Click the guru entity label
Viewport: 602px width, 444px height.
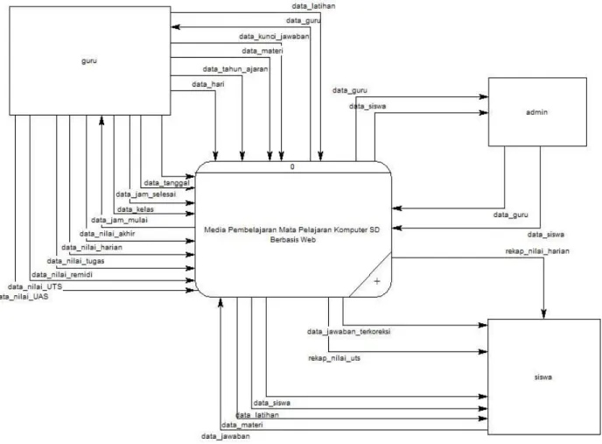89,61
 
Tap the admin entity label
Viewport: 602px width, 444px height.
536,112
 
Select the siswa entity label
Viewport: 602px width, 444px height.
542,377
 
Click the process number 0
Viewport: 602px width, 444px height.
292,167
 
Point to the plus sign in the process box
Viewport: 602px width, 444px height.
377,281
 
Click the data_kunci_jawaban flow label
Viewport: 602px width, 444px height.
274,37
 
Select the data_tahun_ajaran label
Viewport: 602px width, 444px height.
235,69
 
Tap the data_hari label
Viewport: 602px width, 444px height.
208,84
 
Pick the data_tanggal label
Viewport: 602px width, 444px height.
166,183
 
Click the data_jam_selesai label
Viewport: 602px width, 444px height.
146,194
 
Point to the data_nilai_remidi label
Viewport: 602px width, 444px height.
62,275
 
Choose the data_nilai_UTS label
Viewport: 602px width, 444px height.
35,286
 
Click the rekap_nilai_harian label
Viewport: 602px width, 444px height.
537,251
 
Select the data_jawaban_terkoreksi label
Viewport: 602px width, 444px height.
348,332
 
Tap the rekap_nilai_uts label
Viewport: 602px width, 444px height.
334,358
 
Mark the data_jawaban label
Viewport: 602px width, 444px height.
226,437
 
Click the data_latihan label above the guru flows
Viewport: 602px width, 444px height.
313,6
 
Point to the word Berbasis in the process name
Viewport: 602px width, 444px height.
284,240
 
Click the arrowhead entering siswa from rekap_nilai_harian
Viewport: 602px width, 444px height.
543,314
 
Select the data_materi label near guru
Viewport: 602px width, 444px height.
262,51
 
